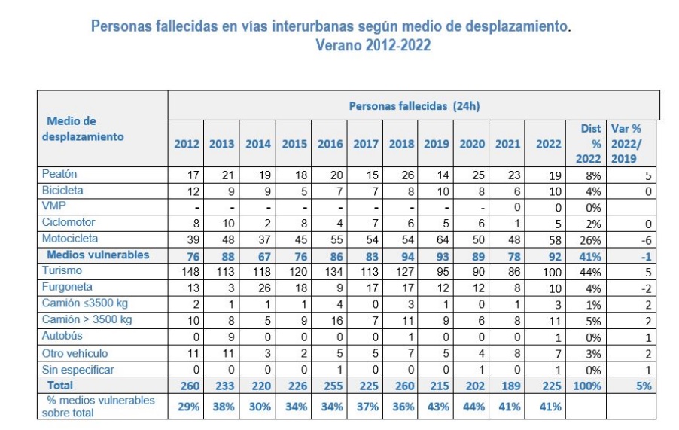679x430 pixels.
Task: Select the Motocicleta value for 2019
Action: (x=437, y=239)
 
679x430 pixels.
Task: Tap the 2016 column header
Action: (x=330, y=144)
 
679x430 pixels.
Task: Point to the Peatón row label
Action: (x=59, y=174)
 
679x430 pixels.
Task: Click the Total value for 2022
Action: (x=549, y=385)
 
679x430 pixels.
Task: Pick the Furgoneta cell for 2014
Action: (x=259, y=288)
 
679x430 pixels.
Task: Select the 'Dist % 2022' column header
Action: (x=590, y=143)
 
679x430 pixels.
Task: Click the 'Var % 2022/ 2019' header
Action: (x=625, y=143)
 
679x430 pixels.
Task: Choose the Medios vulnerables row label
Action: (x=98, y=255)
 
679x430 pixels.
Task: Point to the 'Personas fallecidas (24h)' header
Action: (x=414, y=106)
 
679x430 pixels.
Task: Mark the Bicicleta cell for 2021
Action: (x=508, y=191)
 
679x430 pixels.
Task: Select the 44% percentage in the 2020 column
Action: (x=472, y=407)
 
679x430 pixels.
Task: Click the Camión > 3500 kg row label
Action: (x=87, y=320)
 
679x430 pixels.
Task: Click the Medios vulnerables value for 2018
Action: (x=401, y=255)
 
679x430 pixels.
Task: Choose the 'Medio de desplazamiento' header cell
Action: (x=85, y=129)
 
